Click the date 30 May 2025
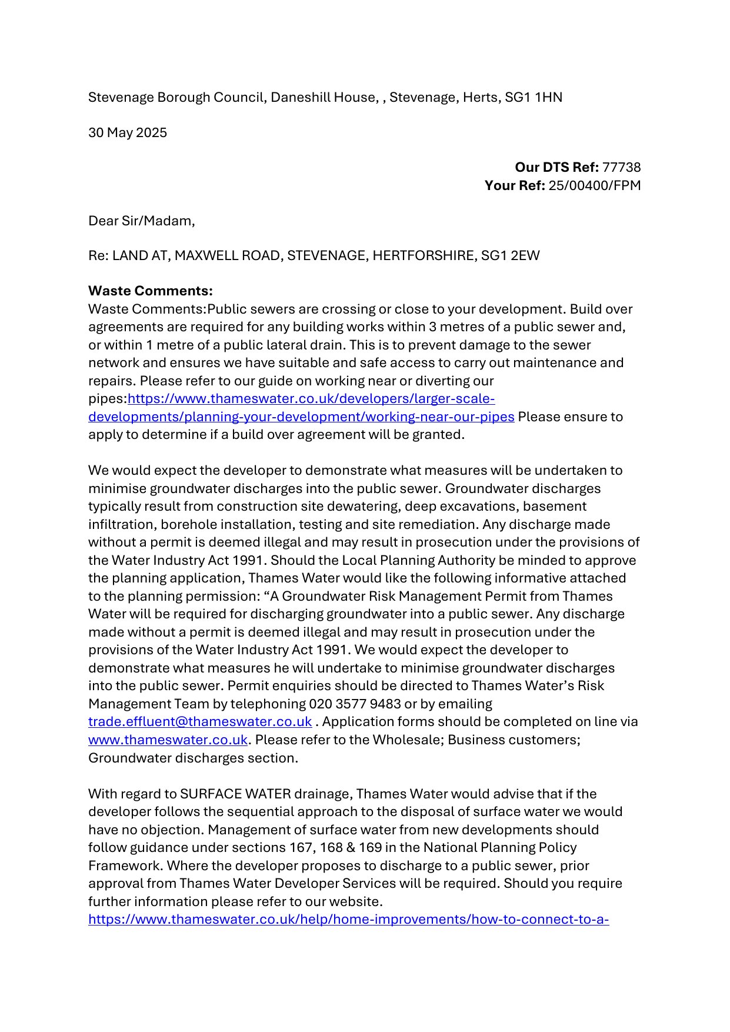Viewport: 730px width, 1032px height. (128, 132)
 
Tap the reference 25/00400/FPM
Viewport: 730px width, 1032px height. (594, 185)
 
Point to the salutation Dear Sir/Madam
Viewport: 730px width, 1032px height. (141, 221)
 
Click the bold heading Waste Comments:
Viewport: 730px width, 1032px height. (151, 291)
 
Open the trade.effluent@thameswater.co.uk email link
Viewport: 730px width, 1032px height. (200, 721)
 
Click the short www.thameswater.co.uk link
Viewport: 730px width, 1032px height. (168, 740)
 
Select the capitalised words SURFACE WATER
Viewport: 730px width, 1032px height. (235, 794)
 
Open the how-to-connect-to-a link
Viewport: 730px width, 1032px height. (348, 919)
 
